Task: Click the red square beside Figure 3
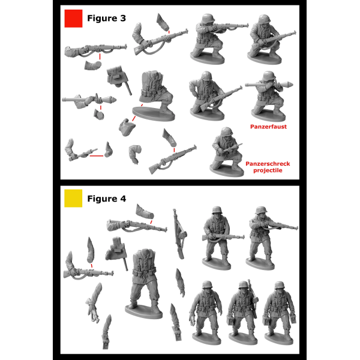(x=73, y=19)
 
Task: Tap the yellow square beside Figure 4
(x=73, y=199)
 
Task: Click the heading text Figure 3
(x=107, y=18)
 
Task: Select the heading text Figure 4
(x=107, y=199)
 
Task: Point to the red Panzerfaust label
(x=268, y=127)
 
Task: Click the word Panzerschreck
(x=268, y=164)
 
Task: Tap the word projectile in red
(x=268, y=170)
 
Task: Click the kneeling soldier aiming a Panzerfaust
(x=269, y=96)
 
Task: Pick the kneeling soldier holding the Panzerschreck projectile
(x=227, y=152)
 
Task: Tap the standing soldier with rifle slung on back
(x=244, y=311)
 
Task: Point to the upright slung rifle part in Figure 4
(x=179, y=234)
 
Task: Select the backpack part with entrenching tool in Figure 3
(x=118, y=79)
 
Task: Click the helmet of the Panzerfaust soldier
(x=269, y=76)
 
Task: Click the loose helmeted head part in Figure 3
(x=127, y=127)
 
